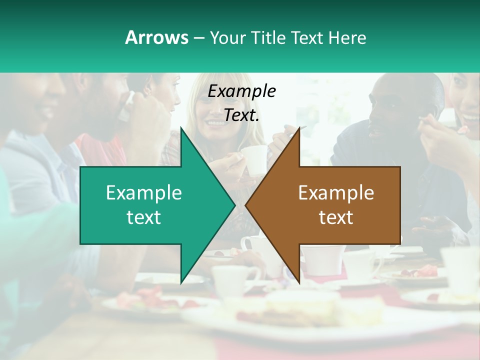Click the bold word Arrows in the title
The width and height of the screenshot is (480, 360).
point(156,37)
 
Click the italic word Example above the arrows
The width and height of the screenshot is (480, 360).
point(242,91)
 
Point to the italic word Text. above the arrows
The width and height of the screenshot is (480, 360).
point(242,115)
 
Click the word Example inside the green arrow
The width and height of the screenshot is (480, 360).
point(144,192)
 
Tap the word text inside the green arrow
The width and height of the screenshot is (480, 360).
point(144,217)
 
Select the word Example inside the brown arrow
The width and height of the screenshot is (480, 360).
point(336,192)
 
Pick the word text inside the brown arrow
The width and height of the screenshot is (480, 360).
point(336,217)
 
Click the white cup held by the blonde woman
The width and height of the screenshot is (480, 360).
point(254,159)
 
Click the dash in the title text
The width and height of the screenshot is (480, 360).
point(198,38)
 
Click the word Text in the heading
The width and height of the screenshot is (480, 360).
point(307,37)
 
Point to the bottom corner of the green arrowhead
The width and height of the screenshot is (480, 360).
point(181,283)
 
